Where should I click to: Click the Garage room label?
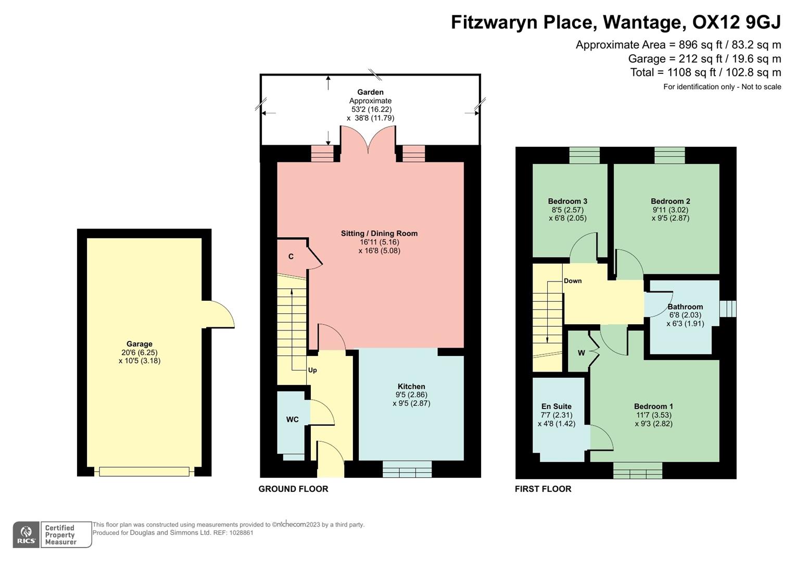pyautogui.click(x=139, y=344)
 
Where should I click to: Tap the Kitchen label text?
pyautogui.click(x=411, y=386)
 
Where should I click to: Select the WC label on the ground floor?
pyautogui.click(x=292, y=419)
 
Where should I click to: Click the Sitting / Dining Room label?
pyautogui.click(x=379, y=233)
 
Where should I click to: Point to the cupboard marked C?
pyautogui.click(x=291, y=257)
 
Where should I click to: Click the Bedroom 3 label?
pyautogui.click(x=567, y=201)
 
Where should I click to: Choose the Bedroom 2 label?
pyautogui.click(x=670, y=201)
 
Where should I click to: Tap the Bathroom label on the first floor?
pyautogui.click(x=685, y=306)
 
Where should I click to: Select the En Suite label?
pyautogui.click(x=556, y=406)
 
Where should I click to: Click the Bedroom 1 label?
pyautogui.click(x=653, y=406)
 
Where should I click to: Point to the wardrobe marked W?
pyautogui.click(x=581, y=353)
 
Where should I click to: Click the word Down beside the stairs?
pyautogui.click(x=573, y=281)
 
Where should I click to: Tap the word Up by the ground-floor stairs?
pyautogui.click(x=312, y=371)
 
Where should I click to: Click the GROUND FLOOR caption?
pyautogui.click(x=293, y=489)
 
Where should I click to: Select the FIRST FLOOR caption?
pyautogui.click(x=543, y=489)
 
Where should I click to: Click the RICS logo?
pyautogui.click(x=26, y=535)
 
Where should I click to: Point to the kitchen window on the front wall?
pyautogui.click(x=407, y=469)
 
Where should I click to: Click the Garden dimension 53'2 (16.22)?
pyautogui.click(x=371, y=109)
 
